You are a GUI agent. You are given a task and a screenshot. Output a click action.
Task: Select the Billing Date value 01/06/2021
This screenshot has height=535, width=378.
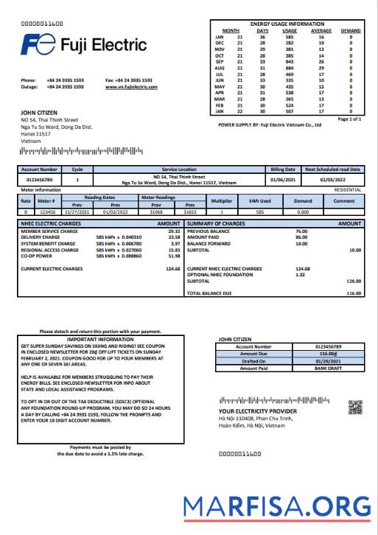pyautogui.click(x=282, y=178)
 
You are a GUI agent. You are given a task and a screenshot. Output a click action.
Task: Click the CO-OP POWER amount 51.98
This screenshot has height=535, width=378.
pyautogui.click(x=174, y=256)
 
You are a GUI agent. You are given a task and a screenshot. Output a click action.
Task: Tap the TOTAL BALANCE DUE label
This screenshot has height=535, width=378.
pyautogui.click(x=211, y=293)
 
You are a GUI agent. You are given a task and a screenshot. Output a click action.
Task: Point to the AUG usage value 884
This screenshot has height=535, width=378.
pyautogui.click(x=290, y=67)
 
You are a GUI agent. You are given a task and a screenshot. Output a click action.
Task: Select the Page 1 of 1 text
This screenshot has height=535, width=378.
pyautogui.click(x=349, y=118)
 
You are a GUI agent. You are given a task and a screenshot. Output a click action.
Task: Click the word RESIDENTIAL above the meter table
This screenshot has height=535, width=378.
pyautogui.click(x=347, y=189)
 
